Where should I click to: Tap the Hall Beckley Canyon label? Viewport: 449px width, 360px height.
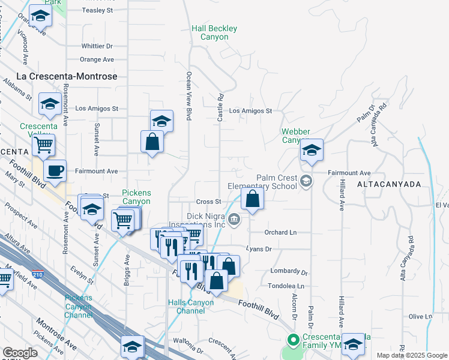tap(214, 32)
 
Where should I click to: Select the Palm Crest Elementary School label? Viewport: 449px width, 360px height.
tap(277, 182)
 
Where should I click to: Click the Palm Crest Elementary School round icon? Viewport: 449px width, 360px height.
tap(306, 181)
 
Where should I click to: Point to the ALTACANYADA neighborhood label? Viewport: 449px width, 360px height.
tap(389, 185)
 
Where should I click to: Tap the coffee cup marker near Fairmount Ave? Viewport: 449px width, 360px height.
tap(55, 171)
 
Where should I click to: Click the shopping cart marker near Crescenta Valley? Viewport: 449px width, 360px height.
tap(43, 144)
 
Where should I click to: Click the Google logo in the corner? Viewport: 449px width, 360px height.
tap(20, 353)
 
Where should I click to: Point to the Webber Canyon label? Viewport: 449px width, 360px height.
tap(296, 136)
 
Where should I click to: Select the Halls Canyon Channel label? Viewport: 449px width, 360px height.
tap(191, 307)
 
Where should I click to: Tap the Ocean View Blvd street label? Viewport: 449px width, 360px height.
tap(189, 90)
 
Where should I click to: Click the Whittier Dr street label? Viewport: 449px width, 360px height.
tap(97, 46)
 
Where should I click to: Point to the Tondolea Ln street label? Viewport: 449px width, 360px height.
tap(286, 287)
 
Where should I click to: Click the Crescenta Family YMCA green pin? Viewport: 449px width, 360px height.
tap(293, 340)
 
